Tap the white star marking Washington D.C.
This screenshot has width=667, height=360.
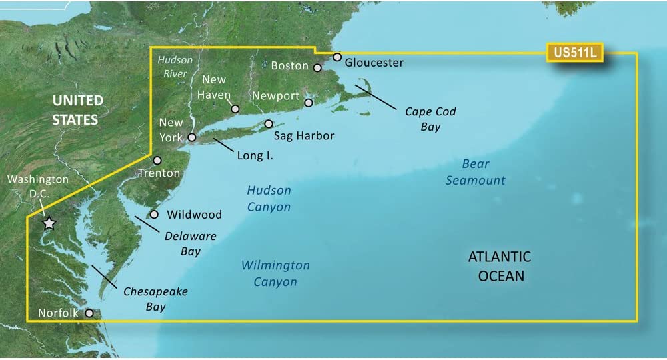pos(49,223)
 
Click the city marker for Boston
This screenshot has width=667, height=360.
pos(318,67)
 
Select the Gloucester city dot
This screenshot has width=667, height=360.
pos(338,57)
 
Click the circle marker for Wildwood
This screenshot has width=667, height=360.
pos(154,215)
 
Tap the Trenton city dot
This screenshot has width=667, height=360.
pos(157,161)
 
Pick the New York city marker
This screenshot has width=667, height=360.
pos(191,137)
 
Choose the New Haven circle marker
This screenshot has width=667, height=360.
pos(235,109)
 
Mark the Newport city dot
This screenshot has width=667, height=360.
pos(308,103)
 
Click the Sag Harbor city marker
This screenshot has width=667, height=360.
pos(269,124)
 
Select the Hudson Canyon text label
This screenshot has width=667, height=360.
pos(269,199)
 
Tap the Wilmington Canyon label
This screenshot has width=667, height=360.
pos(275,273)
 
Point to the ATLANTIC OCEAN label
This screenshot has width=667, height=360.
pos(499,266)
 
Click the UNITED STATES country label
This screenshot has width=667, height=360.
pos(77,110)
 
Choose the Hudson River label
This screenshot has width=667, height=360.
pos(175,67)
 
